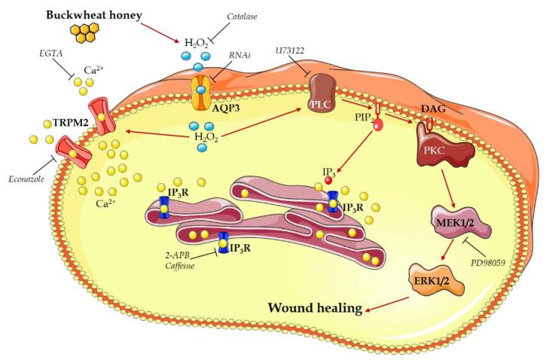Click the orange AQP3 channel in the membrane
(x=200, y=93)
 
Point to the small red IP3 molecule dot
(x=328, y=181)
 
